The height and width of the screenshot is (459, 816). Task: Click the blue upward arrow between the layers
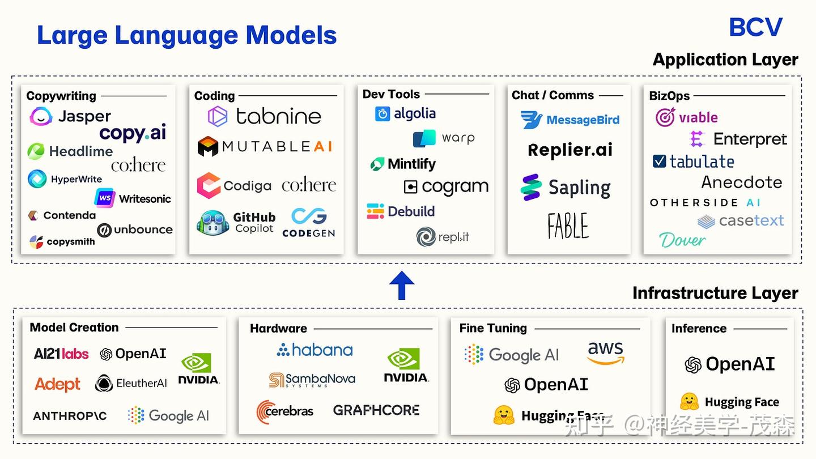pyautogui.click(x=402, y=285)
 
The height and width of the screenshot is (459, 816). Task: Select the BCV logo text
pyautogui.click(x=755, y=27)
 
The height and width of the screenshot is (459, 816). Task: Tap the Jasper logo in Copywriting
pyautogui.click(x=70, y=117)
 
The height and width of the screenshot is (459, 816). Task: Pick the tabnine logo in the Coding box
pyautogui.click(x=265, y=117)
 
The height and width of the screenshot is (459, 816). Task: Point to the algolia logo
pyautogui.click(x=405, y=114)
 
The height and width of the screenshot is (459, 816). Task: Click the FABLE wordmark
pyautogui.click(x=568, y=226)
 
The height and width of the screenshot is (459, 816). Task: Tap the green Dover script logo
pyautogui.click(x=682, y=240)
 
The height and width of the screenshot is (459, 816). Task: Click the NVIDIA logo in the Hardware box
pyautogui.click(x=406, y=365)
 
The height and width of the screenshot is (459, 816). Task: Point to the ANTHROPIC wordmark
pyautogui.click(x=70, y=416)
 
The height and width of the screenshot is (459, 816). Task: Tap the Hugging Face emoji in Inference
pyautogui.click(x=689, y=402)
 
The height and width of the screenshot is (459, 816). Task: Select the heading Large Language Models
pyautogui.click(x=187, y=35)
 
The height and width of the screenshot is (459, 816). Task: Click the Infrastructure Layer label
pyautogui.click(x=715, y=293)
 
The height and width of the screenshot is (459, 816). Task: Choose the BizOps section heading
pyautogui.click(x=669, y=96)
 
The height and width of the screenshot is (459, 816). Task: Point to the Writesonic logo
pyautogui.click(x=133, y=198)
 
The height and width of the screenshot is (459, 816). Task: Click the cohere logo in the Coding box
pyautogui.click(x=309, y=185)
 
